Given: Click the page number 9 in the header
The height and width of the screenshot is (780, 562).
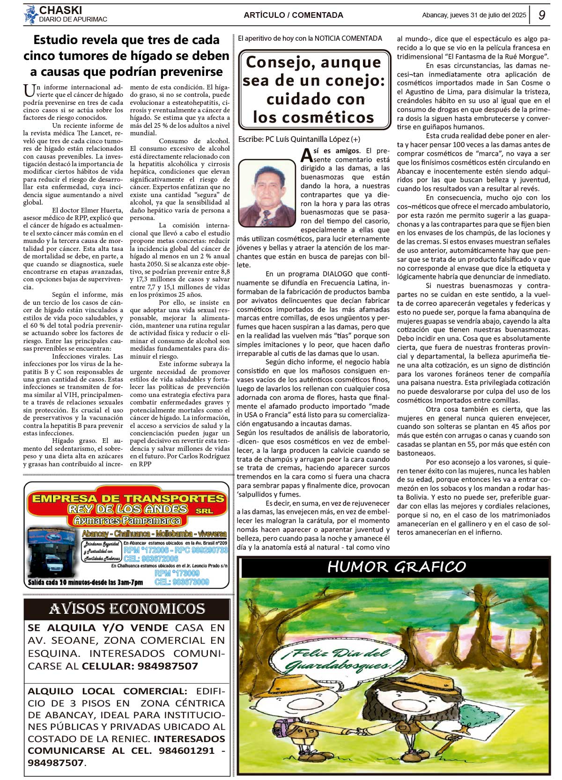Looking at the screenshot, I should [x=541, y=15].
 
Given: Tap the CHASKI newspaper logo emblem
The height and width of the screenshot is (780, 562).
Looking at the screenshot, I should [x=31, y=15].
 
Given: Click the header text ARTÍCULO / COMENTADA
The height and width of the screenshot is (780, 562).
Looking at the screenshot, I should [x=293, y=15].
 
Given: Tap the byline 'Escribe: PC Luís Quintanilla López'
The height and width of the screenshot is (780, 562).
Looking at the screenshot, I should [x=299, y=139].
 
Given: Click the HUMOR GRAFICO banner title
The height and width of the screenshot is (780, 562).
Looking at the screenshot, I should [x=396, y=567].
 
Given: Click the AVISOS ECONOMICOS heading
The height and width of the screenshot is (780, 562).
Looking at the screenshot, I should [x=127, y=609].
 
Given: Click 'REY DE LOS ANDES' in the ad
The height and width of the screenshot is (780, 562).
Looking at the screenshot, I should [x=127, y=509].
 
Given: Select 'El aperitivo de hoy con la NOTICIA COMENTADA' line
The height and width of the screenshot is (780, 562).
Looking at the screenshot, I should [x=310, y=38].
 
